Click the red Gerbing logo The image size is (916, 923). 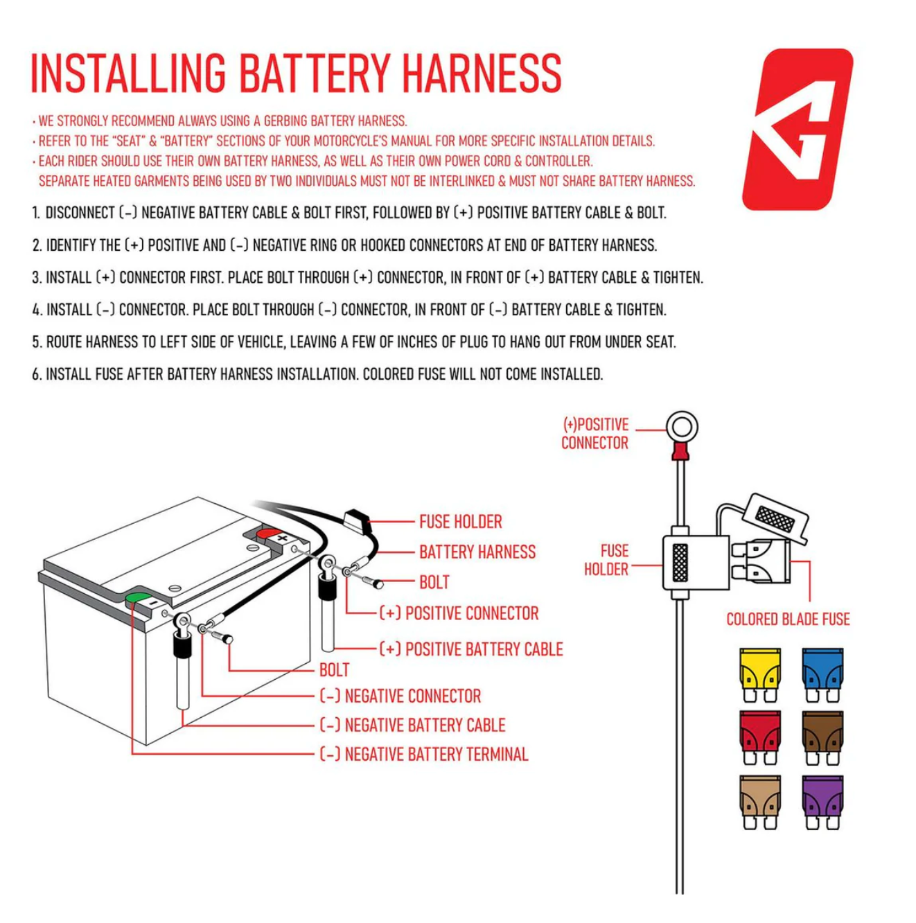(798, 129)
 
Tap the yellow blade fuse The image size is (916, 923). (760, 675)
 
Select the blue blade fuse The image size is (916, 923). (822, 675)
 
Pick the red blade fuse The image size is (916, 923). (760, 737)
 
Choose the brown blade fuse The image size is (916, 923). (822, 737)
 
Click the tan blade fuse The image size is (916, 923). (760, 802)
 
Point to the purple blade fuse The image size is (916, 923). (822, 802)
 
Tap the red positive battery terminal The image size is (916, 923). (267, 534)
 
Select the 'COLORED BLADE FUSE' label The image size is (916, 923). (788, 619)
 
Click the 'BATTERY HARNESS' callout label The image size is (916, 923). (477, 552)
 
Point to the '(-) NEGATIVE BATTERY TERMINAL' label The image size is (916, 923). (424, 755)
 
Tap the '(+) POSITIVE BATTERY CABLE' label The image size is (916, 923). (471, 649)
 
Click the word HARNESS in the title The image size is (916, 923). (482, 73)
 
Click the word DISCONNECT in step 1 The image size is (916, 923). (80, 213)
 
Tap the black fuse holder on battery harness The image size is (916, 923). (356, 518)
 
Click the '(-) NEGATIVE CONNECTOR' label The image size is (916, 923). (400, 696)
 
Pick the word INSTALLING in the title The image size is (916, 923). (128, 73)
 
